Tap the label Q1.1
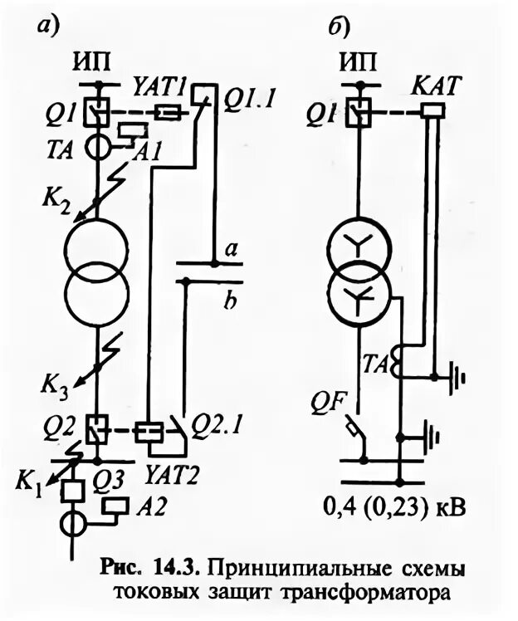pos(250,100)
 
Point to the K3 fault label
pos(56,385)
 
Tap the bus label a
pos(232,248)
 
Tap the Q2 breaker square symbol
pos(97,429)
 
